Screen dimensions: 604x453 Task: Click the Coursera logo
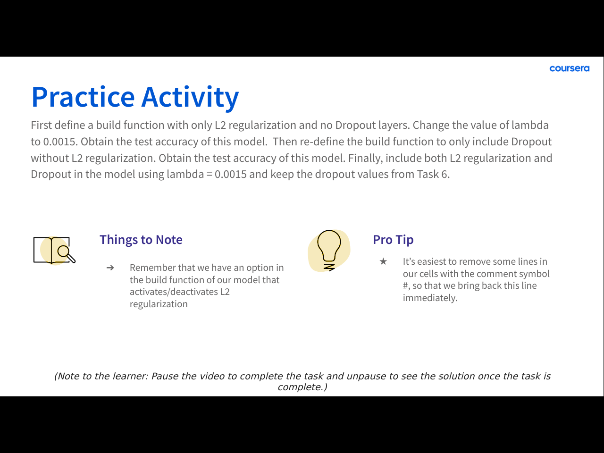tap(570, 68)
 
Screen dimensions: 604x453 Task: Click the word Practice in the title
tap(83, 97)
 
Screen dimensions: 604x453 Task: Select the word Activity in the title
tap(190, 98)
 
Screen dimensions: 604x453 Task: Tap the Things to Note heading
tap(141, 240)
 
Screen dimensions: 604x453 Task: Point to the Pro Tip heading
tap(393, 240)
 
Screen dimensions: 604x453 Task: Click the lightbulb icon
tap(329, 250)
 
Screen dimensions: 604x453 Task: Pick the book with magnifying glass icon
tap(54, 250)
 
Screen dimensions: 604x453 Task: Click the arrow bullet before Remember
tap(110, 268)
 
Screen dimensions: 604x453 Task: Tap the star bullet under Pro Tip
tap(383, 261)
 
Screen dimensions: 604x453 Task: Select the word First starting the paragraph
tap(41, 125)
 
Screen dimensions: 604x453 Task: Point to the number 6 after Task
tap(445, 175)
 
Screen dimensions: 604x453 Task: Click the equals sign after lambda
tap(209, 175)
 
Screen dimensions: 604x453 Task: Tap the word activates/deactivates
tap(174, 292)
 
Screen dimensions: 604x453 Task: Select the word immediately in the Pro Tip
tap(430, 298)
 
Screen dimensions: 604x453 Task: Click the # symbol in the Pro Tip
tap(406, 286)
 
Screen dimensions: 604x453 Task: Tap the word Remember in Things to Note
tap(152, 268)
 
